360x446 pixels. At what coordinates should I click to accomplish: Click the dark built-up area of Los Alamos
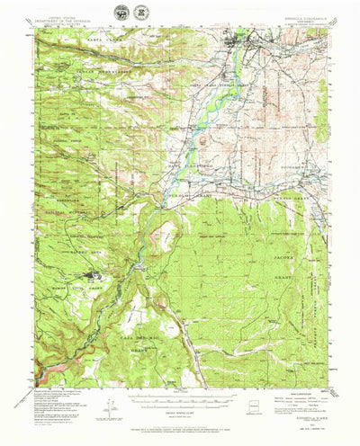point(92,277)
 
